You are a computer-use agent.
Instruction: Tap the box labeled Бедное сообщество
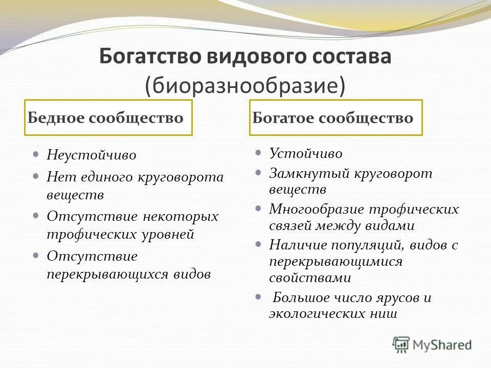[x=108, y=118]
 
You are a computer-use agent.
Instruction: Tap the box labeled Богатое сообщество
[x=336, y=118]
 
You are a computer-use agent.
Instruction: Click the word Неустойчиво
[x=92, y=154]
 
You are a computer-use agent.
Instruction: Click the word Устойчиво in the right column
[x=306, y=153]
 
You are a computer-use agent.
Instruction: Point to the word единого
[x=106, y=177]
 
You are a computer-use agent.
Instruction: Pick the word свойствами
[x=310, y=279]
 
